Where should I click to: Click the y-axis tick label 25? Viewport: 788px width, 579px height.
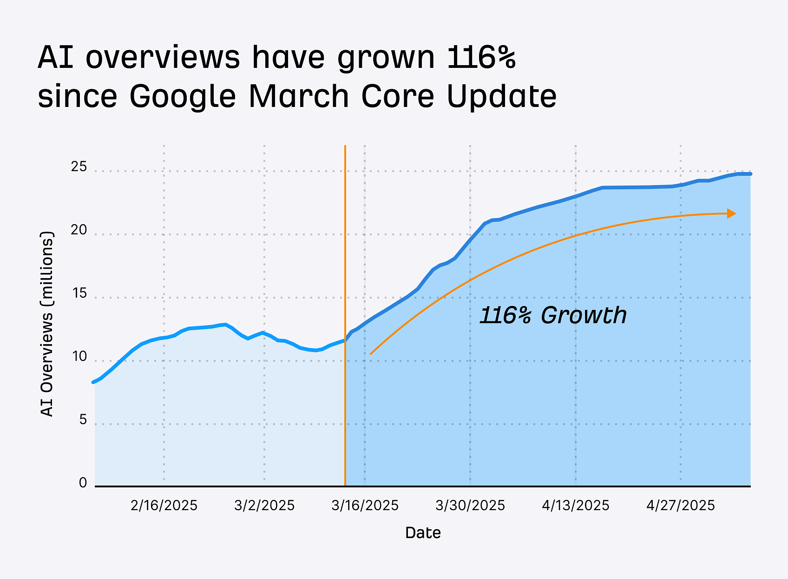[79, 166]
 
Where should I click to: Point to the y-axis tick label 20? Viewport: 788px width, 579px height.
[79, 230]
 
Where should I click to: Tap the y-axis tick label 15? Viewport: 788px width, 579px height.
[79, 293]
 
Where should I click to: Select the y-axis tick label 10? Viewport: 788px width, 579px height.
[79, 357]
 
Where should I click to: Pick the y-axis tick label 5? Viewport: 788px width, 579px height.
[83, 420]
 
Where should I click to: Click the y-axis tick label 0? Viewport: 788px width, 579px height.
[83, 483]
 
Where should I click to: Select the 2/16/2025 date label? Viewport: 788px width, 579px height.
[164, 506]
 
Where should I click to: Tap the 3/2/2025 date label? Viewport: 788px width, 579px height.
[264, 506]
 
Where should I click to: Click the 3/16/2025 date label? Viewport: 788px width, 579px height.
[365, 506]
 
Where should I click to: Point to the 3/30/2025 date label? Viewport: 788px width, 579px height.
[470, 506]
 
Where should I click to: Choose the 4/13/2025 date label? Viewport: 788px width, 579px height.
[576, 506]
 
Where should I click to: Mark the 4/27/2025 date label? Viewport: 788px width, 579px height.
[681, 506]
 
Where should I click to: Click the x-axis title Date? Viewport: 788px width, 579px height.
[423, 533]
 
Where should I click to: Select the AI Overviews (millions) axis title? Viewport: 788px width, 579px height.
[47, 324]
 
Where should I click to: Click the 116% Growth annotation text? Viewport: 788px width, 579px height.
[553, 315]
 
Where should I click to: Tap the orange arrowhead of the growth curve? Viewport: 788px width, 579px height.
[731, 213]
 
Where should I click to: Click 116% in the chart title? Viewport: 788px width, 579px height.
[482, 57]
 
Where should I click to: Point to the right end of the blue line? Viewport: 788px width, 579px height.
[750, 174]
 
